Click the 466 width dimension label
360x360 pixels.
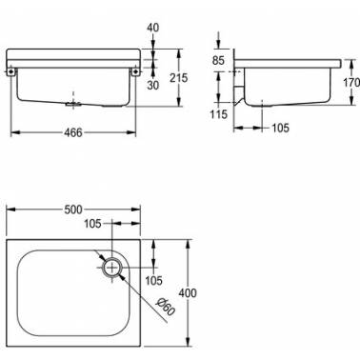pos(73,132)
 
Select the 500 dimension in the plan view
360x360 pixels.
pos(73,210)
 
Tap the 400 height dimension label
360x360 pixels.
pos(188,292)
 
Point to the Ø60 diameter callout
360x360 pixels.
pos(165,307)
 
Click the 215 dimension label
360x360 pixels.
pos(178,78)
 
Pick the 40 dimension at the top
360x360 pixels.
pos(152,28)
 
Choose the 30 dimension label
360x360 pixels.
pos(152,85)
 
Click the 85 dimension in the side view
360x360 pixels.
pos(218,60)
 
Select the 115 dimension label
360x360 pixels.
pos(219,114)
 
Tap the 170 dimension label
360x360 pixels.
pos(351,83)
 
